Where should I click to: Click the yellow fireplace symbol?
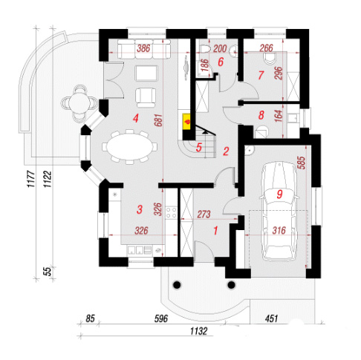point(186,122)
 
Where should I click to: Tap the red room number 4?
point(135,119)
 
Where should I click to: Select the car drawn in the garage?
point(279,211)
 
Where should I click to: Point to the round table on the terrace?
point(79,102)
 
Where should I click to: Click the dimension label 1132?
point(198,331)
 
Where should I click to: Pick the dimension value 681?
point(159,120)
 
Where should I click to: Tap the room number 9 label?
point(279,194)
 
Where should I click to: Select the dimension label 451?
point(272,318)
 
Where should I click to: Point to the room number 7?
point(261,75)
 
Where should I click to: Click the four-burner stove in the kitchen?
point(172,212)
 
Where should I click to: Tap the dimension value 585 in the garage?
point(302,163)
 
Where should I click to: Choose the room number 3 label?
point(140,209)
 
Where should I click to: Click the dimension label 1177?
point(31,179)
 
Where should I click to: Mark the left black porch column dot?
point(177,285)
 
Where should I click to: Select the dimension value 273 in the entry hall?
point(204,215)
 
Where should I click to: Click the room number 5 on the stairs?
point(198,148)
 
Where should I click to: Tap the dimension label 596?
point(161,318)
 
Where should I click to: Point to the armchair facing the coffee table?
point(146,97)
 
